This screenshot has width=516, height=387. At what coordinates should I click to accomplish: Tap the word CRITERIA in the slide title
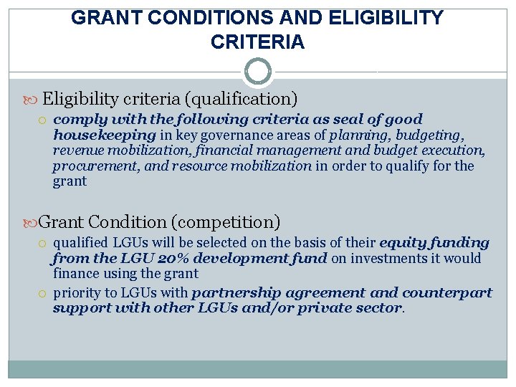pos(257,42)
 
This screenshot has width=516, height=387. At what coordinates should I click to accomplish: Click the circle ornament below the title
pos(258,72)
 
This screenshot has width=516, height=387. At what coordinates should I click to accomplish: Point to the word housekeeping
pos(104,135)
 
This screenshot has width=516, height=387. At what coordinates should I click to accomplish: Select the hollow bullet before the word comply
pos(44,120)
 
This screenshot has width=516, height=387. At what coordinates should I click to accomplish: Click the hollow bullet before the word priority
pos(44,293)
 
